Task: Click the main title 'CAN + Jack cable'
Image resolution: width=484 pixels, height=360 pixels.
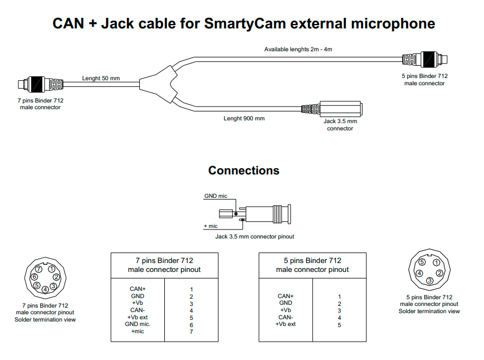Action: click(243, 23)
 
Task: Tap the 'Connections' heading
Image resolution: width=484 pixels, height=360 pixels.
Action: click(243, 170)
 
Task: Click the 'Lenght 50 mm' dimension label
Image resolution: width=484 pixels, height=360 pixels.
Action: click(101, 79)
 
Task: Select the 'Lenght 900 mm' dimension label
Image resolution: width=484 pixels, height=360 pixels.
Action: click(244, 119)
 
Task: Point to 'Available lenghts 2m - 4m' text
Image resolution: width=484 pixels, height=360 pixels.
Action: click(298, 50)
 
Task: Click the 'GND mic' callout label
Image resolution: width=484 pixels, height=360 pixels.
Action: click(216, 197)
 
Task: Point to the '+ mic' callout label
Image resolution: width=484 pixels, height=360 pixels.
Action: click(211, 226)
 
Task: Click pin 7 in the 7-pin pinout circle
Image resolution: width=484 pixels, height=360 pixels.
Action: click(38, 269)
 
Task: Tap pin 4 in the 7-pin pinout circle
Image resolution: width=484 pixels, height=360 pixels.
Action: click(45, 289)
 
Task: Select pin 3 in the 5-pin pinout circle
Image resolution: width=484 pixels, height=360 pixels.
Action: click(429, 280)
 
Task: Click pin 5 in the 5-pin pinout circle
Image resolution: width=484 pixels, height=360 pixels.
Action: click(422, 262)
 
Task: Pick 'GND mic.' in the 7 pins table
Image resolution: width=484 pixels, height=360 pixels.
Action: click(138, 324)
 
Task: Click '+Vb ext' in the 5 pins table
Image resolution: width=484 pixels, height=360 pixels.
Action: click(285, 324)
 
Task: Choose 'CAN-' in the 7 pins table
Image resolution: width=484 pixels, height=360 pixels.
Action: click(138, 310)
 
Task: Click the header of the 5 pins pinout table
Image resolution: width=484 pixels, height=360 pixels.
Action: click(312, 265)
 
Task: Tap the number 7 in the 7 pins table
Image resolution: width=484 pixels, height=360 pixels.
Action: click(191, 332)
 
